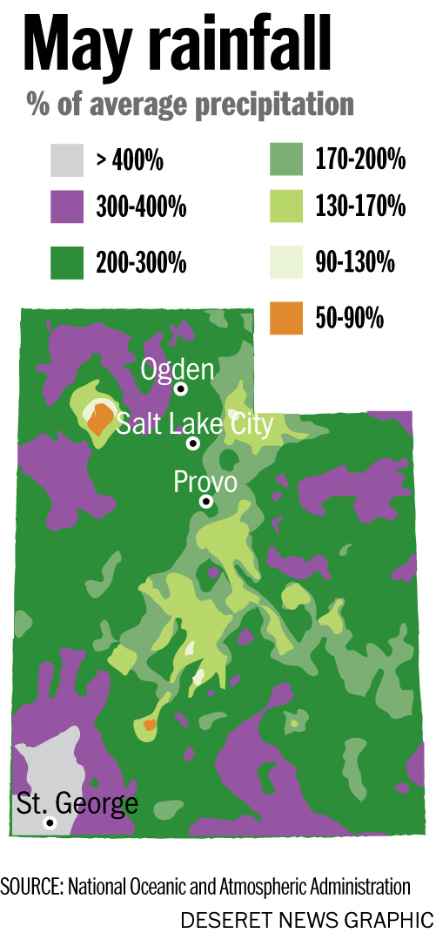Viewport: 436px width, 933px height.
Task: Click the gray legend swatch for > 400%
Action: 67,160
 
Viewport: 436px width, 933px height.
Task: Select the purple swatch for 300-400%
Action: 67,207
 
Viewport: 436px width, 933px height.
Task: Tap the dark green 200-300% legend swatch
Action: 67,261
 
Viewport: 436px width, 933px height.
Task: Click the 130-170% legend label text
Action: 360,207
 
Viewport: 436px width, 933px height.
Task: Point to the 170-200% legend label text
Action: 360,160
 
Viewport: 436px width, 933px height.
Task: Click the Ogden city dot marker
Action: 181,389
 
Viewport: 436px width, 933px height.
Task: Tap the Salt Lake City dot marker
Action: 193,443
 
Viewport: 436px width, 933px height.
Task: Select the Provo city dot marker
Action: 206,501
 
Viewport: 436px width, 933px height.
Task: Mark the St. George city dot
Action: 50,822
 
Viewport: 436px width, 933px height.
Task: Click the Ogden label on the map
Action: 178,369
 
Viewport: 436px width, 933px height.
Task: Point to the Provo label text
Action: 205,481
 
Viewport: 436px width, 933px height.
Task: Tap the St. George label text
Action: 77,802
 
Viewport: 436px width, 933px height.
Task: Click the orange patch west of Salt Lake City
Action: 101,419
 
